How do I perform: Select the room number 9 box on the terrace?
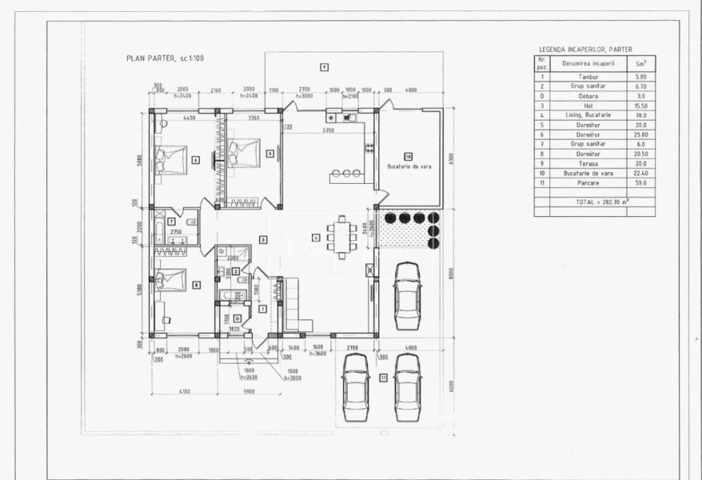(x=324, y=67)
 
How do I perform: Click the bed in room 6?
(x=171, y=158)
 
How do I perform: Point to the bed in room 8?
(x=172, y=279)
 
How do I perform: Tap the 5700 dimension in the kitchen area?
(x=328, y=130)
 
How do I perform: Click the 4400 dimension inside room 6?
(x=189, y=118)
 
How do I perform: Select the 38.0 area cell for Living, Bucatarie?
(x=640, y=115)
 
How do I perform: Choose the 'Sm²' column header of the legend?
(x=640, y=62)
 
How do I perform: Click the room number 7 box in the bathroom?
(x=172, y=219)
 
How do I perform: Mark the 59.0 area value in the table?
(x=640, y=183)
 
